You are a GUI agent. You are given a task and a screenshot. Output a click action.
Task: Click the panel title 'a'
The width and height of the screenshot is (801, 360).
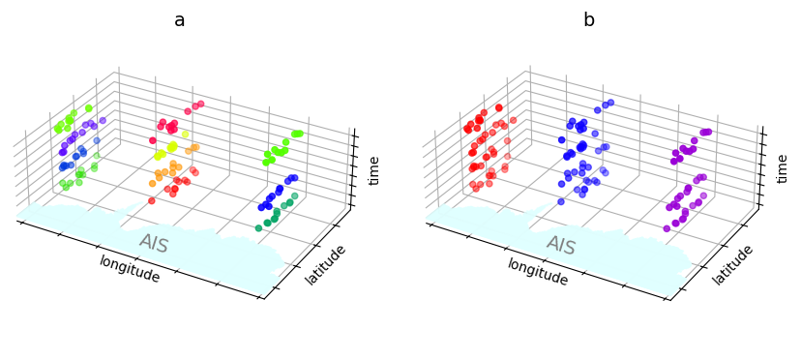coord(179,20)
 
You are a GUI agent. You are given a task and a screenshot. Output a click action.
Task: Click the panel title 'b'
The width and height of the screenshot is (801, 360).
coord(588,20)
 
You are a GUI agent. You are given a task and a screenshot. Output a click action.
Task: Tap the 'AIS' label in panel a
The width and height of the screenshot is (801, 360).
coord(154,243)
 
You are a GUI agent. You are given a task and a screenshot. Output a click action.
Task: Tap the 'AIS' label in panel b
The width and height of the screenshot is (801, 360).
coord(562,245)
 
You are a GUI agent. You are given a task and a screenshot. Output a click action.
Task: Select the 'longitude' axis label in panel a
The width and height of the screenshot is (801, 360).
coord(129,269)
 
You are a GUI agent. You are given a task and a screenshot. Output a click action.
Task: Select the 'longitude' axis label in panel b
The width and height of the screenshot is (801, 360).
coord(538,271)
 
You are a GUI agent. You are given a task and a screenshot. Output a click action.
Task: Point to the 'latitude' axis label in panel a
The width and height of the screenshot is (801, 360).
coord(326,264)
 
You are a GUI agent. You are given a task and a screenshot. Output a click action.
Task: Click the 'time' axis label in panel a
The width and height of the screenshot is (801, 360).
coord(374,170)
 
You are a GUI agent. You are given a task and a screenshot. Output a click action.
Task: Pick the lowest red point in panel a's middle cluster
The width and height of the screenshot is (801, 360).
coord(152,200)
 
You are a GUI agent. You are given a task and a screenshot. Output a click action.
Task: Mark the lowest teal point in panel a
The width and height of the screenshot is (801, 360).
coord(258,227)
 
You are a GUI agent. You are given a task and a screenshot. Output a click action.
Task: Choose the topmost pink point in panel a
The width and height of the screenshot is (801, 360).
coord(200,104)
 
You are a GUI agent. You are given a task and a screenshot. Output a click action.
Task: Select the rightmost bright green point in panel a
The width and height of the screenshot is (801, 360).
coord(299,134)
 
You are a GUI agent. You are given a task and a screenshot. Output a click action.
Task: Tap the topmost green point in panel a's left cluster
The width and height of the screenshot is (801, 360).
coord(89,108)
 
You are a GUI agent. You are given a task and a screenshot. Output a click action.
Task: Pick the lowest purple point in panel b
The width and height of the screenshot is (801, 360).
coord(667,228)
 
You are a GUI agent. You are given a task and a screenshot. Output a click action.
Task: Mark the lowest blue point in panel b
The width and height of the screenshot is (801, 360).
coord(561,201)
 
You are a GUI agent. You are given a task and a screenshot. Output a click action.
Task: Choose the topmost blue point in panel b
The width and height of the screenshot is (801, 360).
coord(610,102)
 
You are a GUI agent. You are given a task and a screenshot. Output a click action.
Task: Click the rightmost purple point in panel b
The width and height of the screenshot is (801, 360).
coord(709,132)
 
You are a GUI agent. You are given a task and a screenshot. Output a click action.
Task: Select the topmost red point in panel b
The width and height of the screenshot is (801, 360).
coord(499,107)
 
